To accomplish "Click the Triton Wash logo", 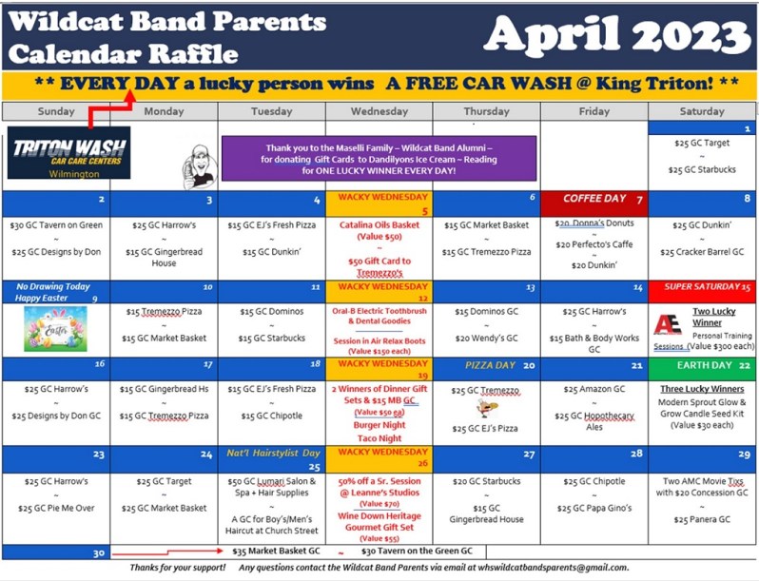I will (68, 152).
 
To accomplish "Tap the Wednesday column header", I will (379, 111).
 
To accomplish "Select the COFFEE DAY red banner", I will (594, 199).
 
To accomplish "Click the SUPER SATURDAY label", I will (701, 286).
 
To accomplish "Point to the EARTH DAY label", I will (705, 365).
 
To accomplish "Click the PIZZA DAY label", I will (489, 365).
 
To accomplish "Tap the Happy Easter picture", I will (55, 328).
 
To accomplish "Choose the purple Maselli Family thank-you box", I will (379, 158).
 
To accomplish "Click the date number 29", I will (744, 455).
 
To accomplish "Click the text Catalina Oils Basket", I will (379, 225).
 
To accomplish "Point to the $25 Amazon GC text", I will (594, 389).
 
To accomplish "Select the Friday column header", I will (594, 111).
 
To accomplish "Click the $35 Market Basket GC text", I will (276, 551).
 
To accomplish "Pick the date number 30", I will (99, 552).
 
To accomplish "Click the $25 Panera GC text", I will (702, 519).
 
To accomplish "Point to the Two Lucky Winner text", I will (713, 317).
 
